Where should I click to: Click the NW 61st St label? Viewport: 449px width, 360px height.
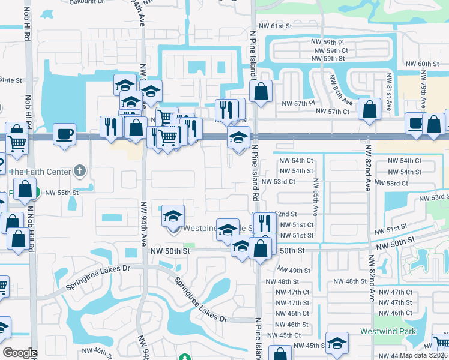(x=274, y=27)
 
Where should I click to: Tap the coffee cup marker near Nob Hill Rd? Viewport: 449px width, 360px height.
(x=64, y=134)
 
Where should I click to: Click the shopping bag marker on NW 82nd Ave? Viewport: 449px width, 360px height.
(x=369, y=109)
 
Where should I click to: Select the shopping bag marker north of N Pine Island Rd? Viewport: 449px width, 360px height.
(x=261, y=91)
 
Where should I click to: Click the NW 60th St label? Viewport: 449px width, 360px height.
(x=429, y=64)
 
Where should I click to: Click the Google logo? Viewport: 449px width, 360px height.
(x=20, y=352)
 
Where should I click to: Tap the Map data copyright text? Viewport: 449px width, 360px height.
(x=424, y=355)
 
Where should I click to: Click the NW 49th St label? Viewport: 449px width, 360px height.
(x=294, y=271)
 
